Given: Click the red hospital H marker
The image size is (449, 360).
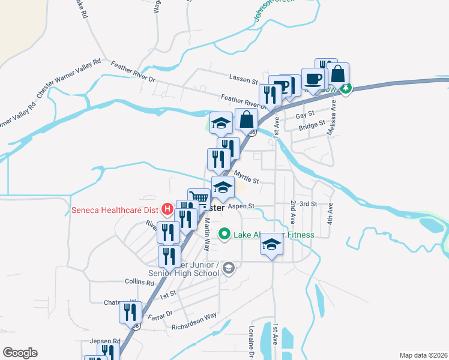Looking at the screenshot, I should pyautogui.click(x=167, y=209).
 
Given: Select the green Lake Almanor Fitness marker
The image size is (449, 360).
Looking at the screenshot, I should pyautogui.click(x=224, y=234).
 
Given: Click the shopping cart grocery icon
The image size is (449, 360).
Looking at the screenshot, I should pyautogui.click(x=199, y=197).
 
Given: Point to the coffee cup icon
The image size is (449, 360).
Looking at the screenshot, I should pyautogui.click(x=313, y=78).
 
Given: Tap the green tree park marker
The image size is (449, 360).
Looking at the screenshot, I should pyautogui.click(x=346, y=89).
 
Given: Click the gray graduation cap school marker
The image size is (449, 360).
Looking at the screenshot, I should pyautogui.click(x=228, y=268).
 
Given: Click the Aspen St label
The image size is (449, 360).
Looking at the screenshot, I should pyautogui.click(x=241, y=206).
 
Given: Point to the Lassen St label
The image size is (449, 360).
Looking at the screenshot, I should pyautogui.click(x=243, y=78).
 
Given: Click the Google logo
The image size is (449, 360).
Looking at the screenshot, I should pyautogui.click(x=20, y=353).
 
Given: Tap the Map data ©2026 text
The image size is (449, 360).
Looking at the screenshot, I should pyautogui.click(x=423, y=355).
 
